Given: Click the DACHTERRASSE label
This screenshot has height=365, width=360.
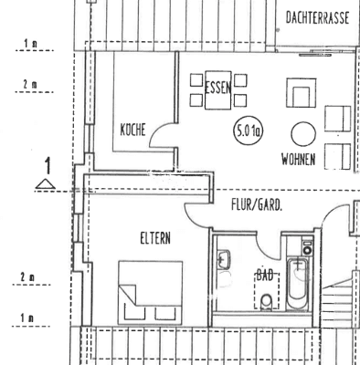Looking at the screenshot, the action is point(314,17).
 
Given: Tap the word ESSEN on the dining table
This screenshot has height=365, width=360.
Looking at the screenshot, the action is point(218,89).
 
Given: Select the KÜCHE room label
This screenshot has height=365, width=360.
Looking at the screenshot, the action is point(134,130).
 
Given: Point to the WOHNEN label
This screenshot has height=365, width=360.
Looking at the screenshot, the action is point(299,159).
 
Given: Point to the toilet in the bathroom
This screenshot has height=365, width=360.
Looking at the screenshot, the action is point(265,301).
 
